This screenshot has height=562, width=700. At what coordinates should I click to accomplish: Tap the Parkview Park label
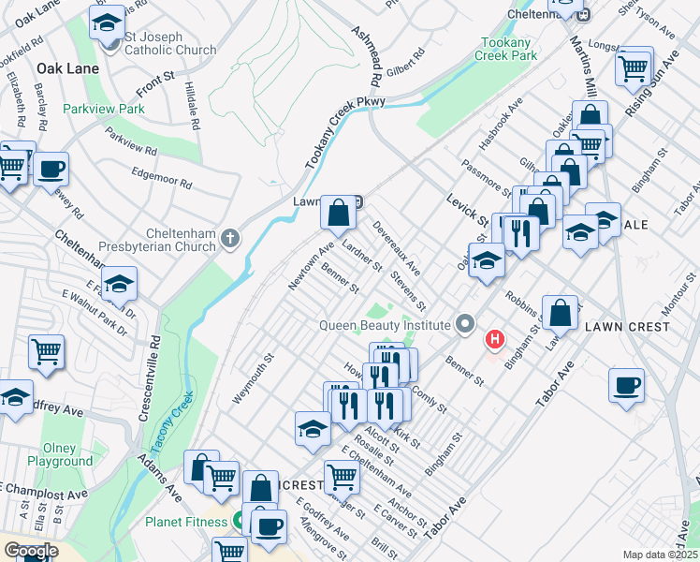(104, 109)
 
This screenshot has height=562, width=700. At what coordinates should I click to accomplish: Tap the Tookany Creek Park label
(509, 49)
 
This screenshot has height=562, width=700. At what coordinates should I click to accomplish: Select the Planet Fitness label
(185, 522)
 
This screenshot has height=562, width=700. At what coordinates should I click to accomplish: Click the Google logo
(30, 551)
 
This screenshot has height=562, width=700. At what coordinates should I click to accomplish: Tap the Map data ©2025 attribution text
(661, 555)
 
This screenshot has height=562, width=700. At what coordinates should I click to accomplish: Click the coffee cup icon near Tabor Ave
(626, 384)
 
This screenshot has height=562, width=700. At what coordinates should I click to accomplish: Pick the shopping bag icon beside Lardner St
(338, 213)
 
